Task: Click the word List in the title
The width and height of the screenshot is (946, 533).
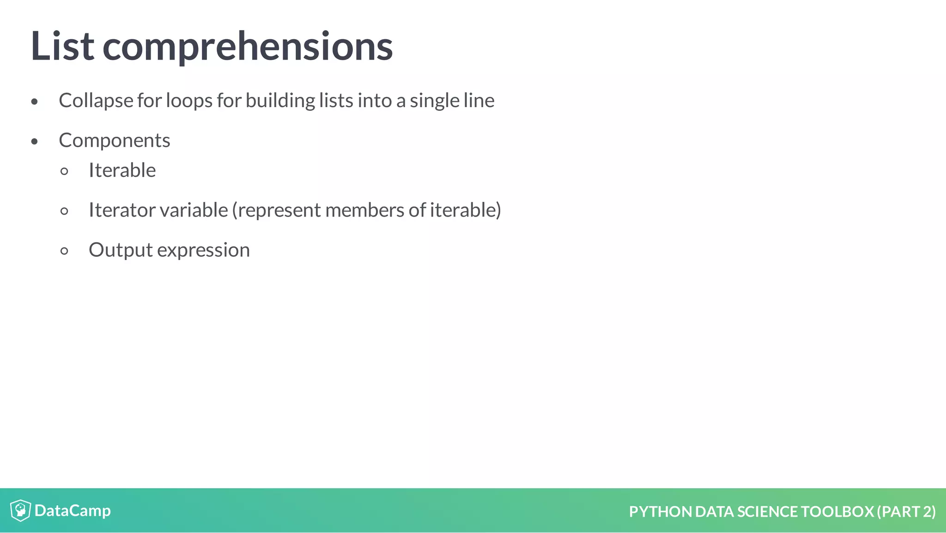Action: tap(62, 46)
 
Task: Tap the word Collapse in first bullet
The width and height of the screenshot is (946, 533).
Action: tap(96, 101)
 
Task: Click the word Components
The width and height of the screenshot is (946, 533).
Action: tap(114, 141)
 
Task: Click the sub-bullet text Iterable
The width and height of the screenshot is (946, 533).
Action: tap(122, 170)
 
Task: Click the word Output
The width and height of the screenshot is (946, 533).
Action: tap(120, 250)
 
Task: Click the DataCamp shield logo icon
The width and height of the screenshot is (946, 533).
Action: tap(20, 510)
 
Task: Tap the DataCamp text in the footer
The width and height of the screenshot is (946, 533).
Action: tap(73, 511)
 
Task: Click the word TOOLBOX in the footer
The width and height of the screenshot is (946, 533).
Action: tap(837, 512)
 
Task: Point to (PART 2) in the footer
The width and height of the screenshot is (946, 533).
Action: tap(906, 512)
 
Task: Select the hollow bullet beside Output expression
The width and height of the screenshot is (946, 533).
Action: tap(64, 251)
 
